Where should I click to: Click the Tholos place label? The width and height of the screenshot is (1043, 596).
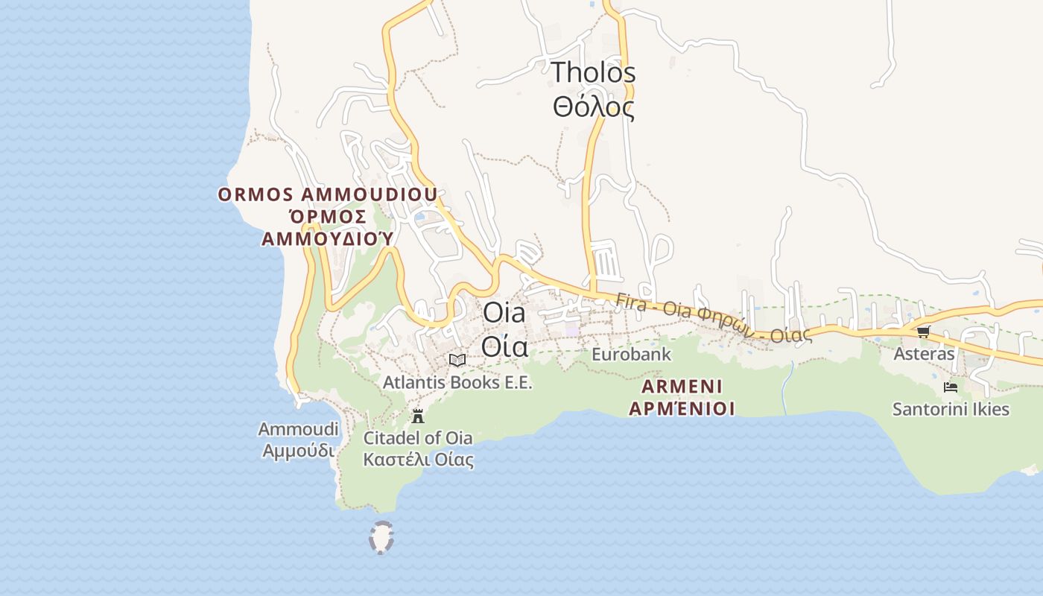point(593,73)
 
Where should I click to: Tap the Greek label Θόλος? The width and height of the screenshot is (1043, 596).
point(593,107)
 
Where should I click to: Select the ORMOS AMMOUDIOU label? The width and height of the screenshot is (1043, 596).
point(327,195)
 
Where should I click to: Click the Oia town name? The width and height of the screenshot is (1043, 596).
point(504,313)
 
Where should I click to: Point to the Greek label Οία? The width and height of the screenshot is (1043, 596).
point(504,346)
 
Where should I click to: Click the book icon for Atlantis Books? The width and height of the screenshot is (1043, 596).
point(457,361)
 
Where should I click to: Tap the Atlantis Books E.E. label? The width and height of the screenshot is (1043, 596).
point(457,383)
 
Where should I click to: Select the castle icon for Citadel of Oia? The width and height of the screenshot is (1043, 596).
point(418,416)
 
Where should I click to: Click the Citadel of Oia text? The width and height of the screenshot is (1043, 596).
point(418,438)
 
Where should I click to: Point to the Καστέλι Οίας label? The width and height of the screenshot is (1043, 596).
point(418,459)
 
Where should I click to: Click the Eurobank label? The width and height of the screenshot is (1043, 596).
point(631,355)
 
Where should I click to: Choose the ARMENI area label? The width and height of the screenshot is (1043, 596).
point(682,387)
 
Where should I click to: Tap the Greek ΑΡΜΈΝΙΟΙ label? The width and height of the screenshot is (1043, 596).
point(682,408)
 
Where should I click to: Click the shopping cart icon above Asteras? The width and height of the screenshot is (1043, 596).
point(924,332)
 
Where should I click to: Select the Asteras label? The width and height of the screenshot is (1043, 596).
point(924,354)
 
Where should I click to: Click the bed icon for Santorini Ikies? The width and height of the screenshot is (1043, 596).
point(951,387)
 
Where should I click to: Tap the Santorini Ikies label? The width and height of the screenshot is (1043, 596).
point(951,410)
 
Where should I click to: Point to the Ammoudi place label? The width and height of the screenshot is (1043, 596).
point(298,429)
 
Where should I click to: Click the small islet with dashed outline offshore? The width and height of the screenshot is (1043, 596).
point(381,538)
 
